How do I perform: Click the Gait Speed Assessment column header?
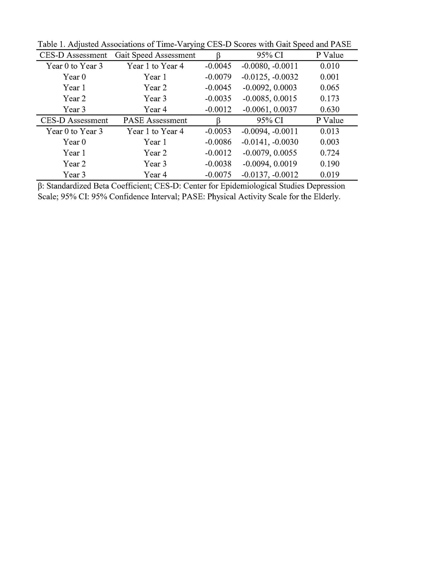click(155, 55)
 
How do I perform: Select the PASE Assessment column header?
click(155, 120)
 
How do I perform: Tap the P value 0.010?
click(329, 66)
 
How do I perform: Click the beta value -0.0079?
click(218, 77)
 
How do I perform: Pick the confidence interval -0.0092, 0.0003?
click(269, 88)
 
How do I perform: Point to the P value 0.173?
click(329, 98)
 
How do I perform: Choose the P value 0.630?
click(329, 109)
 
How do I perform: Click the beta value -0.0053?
click(218, 131)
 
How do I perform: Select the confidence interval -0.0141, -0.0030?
click(269, 142)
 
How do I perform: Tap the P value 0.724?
click(329, 153)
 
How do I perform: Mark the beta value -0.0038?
click(218, 164)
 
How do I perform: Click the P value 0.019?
click(329, 175)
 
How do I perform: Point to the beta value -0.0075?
click(218, 175)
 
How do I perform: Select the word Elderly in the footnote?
click(327, 197)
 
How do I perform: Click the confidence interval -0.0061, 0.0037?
click(269, 109)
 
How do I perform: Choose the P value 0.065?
click(329, 88)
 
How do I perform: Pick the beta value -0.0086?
click(218, 142)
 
